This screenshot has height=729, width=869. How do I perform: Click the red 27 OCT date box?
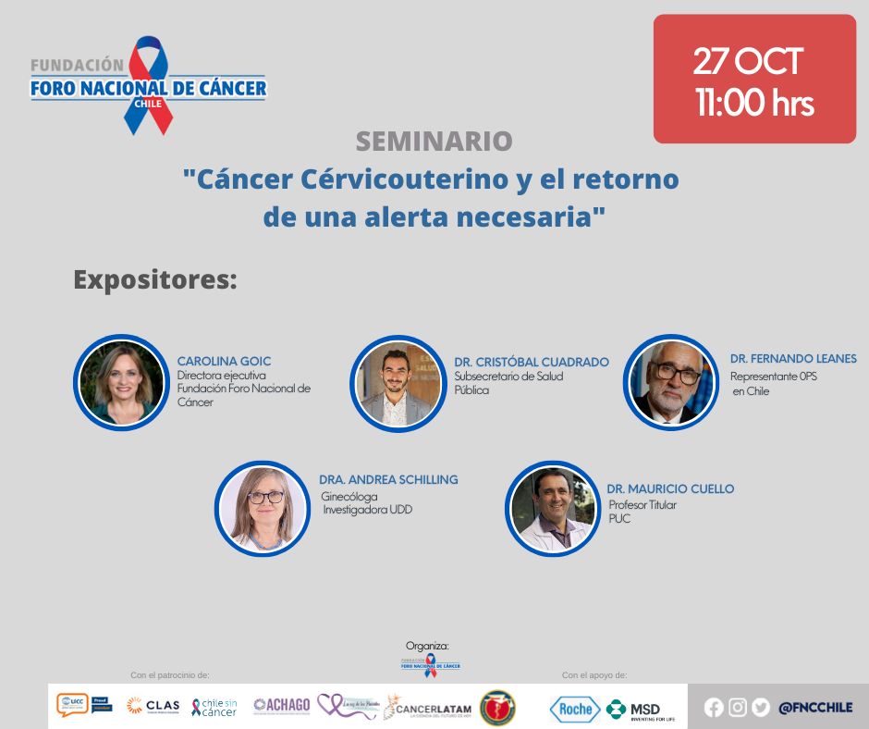coord(754,79)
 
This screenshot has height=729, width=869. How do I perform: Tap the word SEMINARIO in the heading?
coord(434,142)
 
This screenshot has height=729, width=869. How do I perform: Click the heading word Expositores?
coord(154,279)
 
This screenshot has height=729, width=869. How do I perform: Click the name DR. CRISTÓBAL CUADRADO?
coord(531,362)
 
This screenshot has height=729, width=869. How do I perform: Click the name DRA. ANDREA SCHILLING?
coord(388,479)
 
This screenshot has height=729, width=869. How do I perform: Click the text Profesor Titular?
coord(643,505)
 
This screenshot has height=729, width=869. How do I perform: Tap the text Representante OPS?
coord(773,377)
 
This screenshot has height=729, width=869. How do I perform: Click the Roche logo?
coord(575,709)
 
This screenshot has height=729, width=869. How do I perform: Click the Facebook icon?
coord(714,708)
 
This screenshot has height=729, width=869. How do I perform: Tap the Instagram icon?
coord(737,708)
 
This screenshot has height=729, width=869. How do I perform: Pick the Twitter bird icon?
coord(760,708)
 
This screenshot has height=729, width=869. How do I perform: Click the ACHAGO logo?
coord(281,705)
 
